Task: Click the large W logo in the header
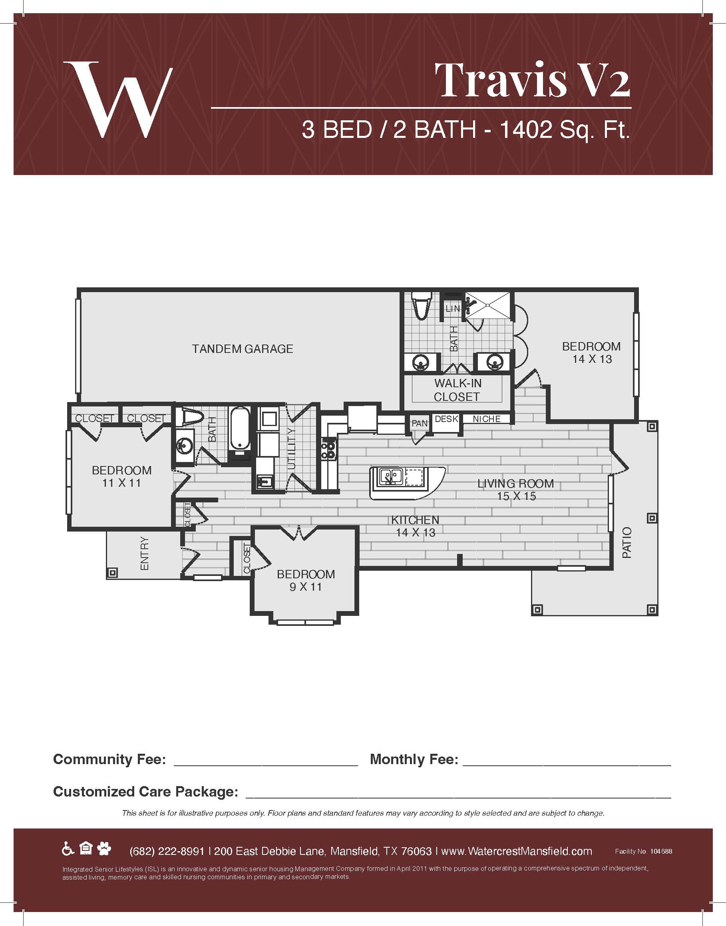tap(118, 100)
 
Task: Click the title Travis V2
tap(532, 80)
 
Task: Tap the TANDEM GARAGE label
tap(242, 349)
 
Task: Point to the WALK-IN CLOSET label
tap(457, 390)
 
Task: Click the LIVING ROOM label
tap(515, 484)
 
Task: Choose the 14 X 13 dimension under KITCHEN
tap(416, 533)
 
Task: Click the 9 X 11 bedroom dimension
tap(306, 587)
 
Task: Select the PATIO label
tap(627, 542)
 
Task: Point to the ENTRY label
tap(145, 553)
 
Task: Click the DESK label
tap(446, 419)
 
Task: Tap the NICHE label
tap(487, 419)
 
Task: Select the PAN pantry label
tap(420, 424)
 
